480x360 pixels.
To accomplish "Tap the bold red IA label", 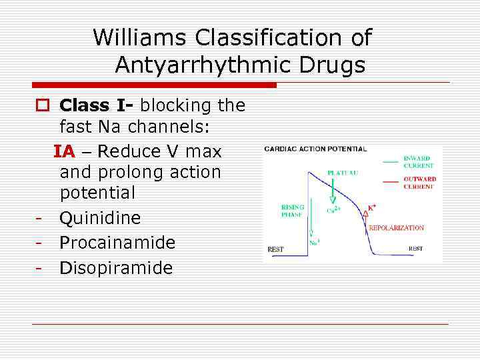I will coord(65,151).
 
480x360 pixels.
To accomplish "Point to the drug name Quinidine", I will coord(100,218).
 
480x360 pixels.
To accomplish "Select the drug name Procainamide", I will coord(117,243).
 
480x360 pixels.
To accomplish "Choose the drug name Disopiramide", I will coord(116,268).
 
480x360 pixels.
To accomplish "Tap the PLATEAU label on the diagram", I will coord(342,173).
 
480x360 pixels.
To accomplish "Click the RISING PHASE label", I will coord(293,211).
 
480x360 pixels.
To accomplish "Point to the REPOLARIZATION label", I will coord(396,228).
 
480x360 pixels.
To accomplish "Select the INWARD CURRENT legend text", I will coord(419,162).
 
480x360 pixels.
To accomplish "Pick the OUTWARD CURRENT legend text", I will coord(419,182).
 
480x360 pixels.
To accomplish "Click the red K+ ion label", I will coord(373,208).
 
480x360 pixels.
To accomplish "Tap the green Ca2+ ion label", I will coord(333,211).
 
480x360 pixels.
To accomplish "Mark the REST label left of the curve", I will coord(275,249).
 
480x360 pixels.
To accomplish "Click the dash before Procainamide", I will coord(40,243).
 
